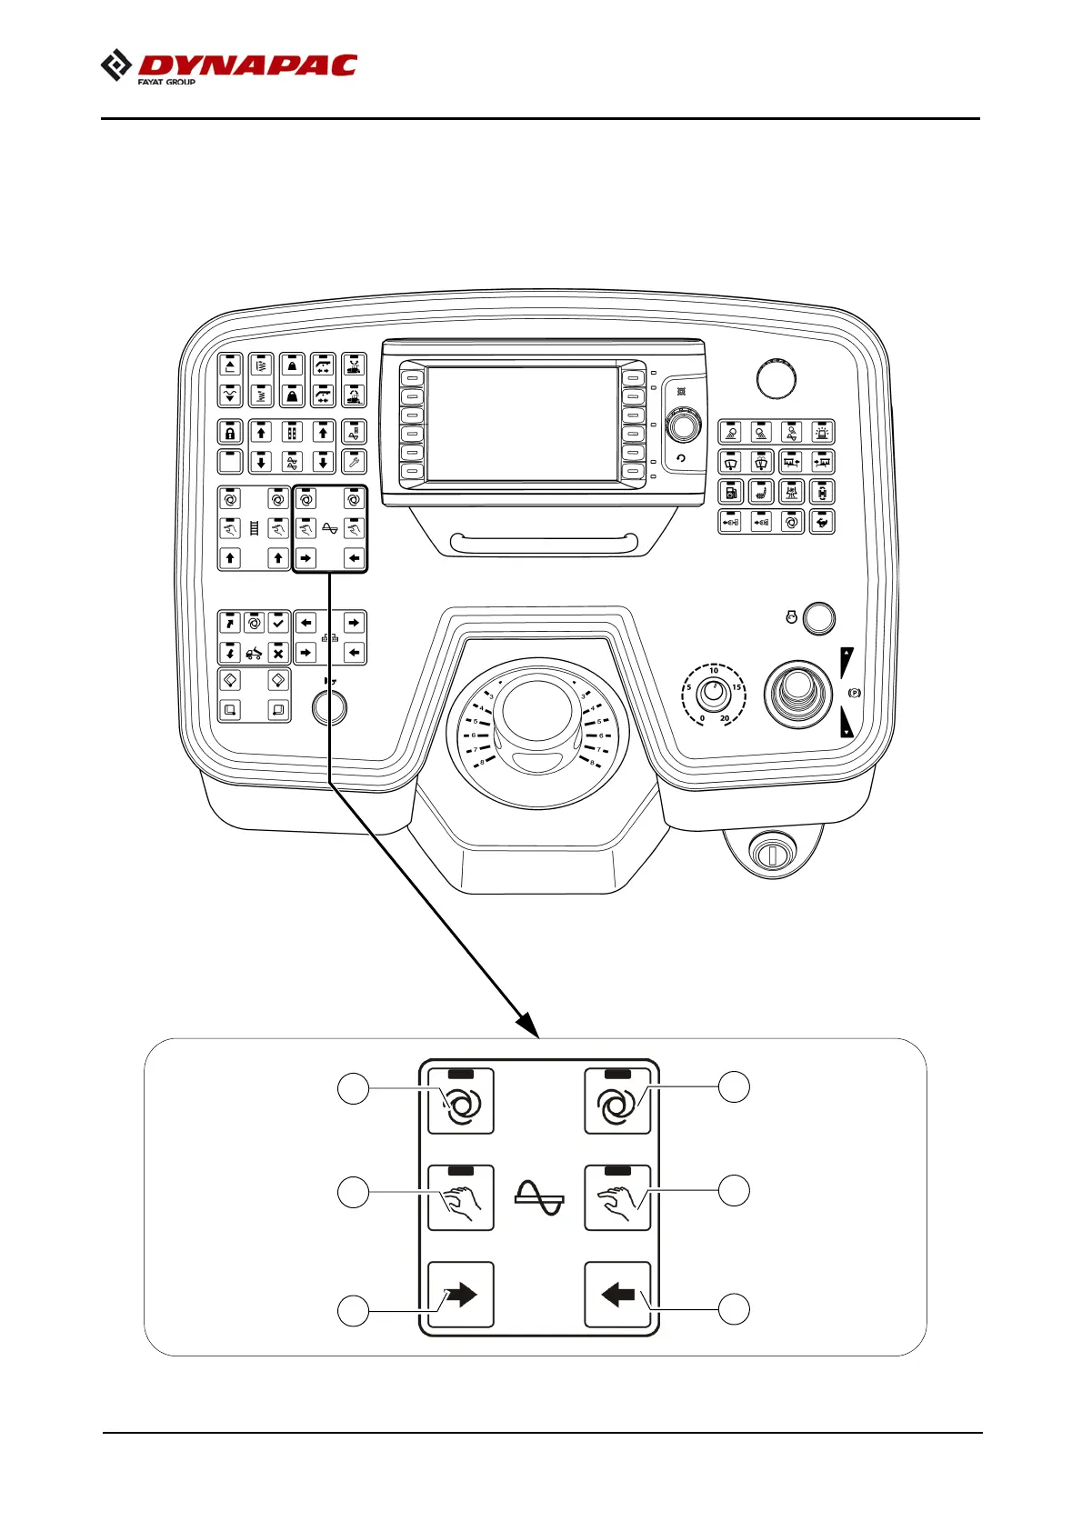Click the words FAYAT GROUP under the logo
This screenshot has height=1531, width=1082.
[x=166, y=82]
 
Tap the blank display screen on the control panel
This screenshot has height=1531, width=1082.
[x=522, y=424]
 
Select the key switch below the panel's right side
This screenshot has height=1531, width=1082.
[x=771, y=853]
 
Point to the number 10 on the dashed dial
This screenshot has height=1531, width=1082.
[x=714, y=671]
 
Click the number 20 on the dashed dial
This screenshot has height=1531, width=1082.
[x=725, y=718]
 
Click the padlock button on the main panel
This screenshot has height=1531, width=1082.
[x=230, y=433]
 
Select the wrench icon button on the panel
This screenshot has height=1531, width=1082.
[x=354, y=462]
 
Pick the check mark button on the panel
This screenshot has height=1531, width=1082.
[x=278, y=623]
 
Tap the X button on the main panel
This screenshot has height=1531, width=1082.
[x=278, y=653]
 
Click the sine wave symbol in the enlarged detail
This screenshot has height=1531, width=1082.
[x=539, y=1197]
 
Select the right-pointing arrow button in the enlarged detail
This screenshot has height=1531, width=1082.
[x=461, y=1295]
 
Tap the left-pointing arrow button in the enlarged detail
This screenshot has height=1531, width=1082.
[x=617, y=1295]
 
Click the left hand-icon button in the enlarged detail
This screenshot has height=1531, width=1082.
[x=461, y=1198]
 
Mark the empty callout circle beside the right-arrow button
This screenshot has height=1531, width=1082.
[x=354, y=1311]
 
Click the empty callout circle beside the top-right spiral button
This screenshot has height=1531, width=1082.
[x=735, y=1086]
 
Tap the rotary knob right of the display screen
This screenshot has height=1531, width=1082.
[x=683, y=425]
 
